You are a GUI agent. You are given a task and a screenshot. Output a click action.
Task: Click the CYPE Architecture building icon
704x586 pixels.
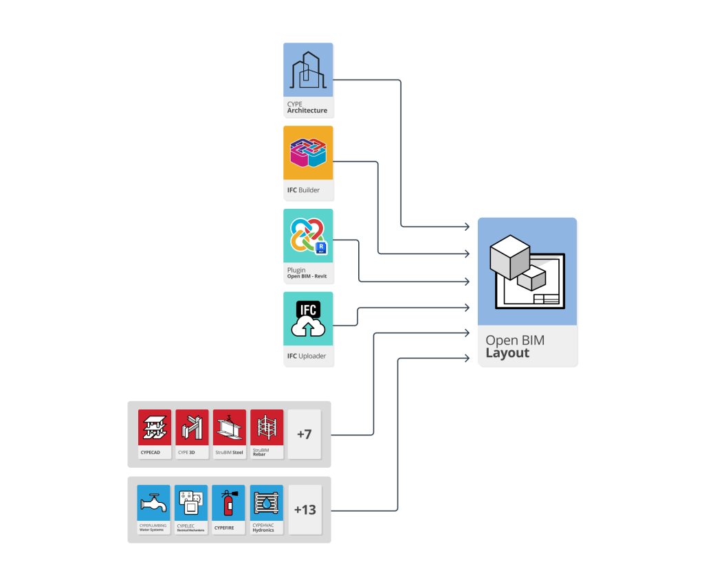[308, 71]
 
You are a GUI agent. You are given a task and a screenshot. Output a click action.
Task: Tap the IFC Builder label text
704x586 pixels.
[303, 190]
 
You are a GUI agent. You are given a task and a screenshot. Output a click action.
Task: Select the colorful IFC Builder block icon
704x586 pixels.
[308, 153]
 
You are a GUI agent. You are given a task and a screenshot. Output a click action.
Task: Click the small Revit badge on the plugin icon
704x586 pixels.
[320, 247]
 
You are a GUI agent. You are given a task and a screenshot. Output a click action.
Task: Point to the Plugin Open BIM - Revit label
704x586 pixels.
[307, 273]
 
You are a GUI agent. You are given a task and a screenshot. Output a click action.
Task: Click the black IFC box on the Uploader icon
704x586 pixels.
[308, 310]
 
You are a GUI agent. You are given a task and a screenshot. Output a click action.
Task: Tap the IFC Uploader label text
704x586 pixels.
[307, 356]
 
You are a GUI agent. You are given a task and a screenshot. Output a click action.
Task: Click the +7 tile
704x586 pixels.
[304, 434]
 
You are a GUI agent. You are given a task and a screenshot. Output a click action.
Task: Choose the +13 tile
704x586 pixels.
[305, 510]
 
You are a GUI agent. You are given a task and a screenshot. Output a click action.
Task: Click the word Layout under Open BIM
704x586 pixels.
[507, 353]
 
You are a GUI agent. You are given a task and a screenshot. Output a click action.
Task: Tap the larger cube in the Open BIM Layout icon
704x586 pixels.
[509, 257]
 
